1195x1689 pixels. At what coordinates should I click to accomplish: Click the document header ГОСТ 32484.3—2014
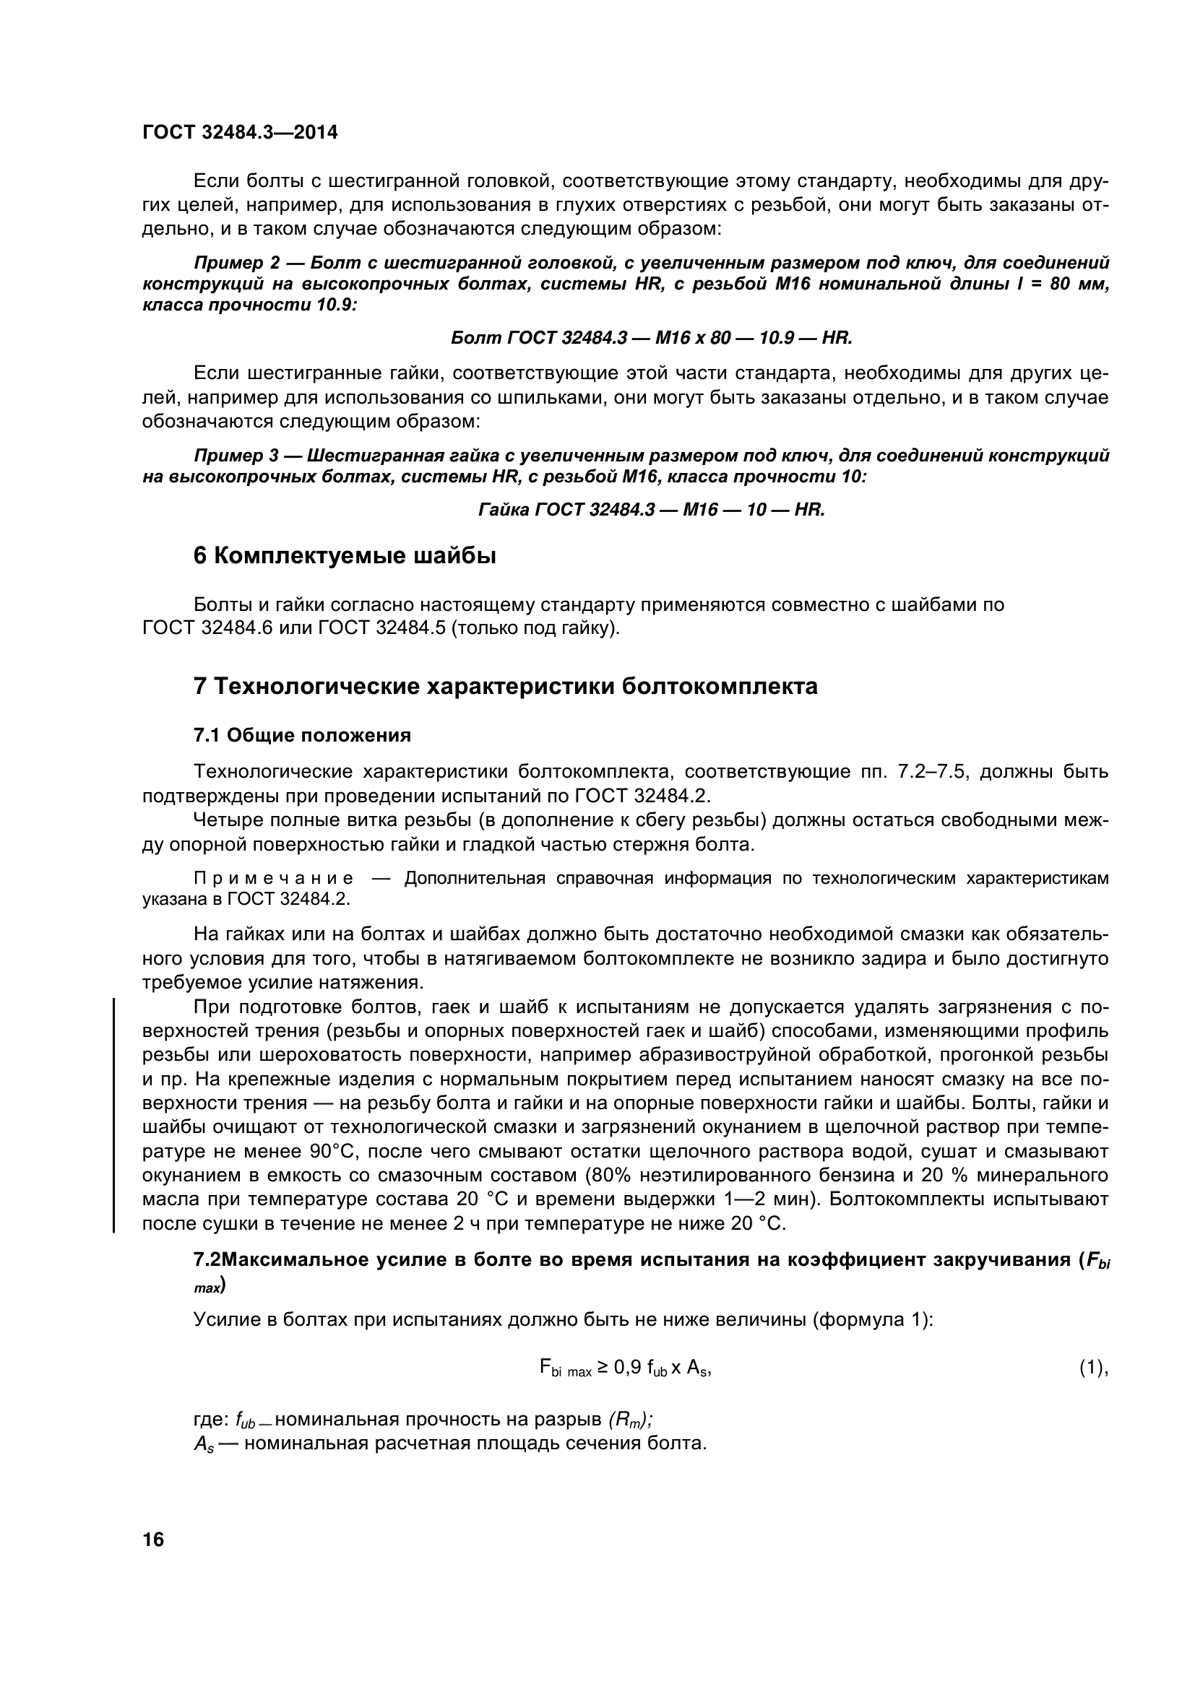coord(240,132)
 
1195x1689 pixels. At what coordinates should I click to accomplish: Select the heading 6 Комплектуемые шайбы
coord(345,556)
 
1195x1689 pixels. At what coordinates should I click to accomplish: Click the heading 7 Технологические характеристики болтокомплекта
coord(506,686)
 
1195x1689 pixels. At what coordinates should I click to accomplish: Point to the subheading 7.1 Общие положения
coord(302,735)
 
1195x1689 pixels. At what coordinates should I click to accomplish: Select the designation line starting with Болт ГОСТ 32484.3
coord(650,338)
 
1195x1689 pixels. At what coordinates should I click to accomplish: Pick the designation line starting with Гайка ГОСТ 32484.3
coord(651,509)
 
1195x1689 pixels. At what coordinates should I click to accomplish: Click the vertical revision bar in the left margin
coord(114,1114)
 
